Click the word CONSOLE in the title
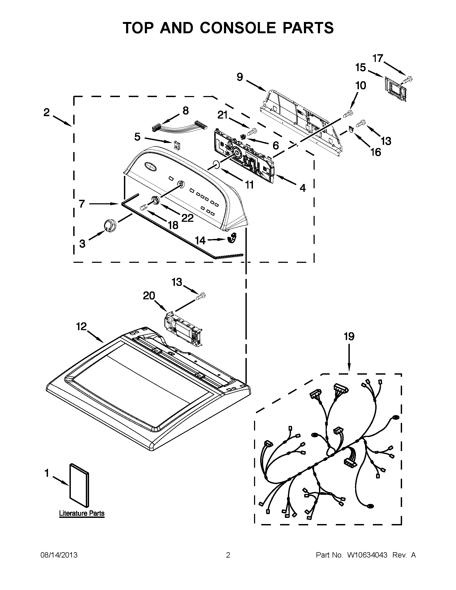coord(238,28)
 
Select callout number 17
coord(378,58)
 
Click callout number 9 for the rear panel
coord(240,77)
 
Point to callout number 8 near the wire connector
coord(186,111)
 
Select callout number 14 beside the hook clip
coord(200,240)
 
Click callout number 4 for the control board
coord(303,187)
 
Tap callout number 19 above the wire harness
coord(349,337)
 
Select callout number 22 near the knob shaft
coord(187,218)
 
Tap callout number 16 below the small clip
coord(376,152)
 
